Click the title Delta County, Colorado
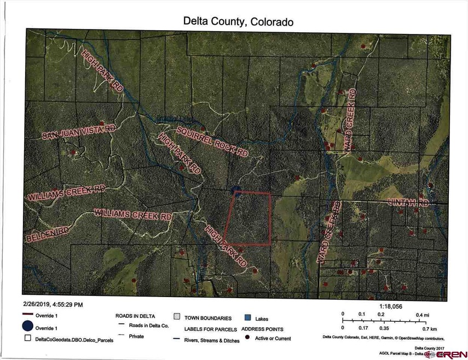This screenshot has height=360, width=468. (238, 22)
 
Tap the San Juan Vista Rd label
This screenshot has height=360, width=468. (80, 132)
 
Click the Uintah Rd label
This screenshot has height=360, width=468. (411, 202)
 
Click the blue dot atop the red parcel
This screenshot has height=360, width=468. (236, 190)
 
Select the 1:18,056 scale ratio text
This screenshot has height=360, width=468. (390, 307)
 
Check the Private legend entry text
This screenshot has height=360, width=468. (137, 336)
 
